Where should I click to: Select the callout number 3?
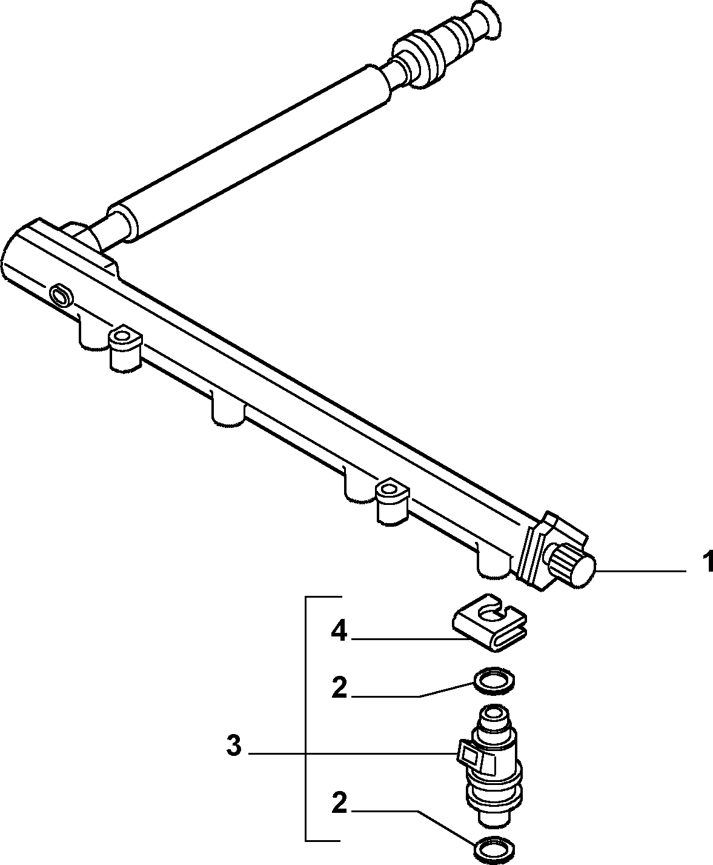(234, 746)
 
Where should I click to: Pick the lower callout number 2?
(339, 803)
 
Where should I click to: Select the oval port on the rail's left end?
(61, 295)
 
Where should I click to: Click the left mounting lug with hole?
(124, 348)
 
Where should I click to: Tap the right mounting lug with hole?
(391, 503)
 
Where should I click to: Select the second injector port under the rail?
(228, 410)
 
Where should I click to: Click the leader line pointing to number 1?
(641, 571)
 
